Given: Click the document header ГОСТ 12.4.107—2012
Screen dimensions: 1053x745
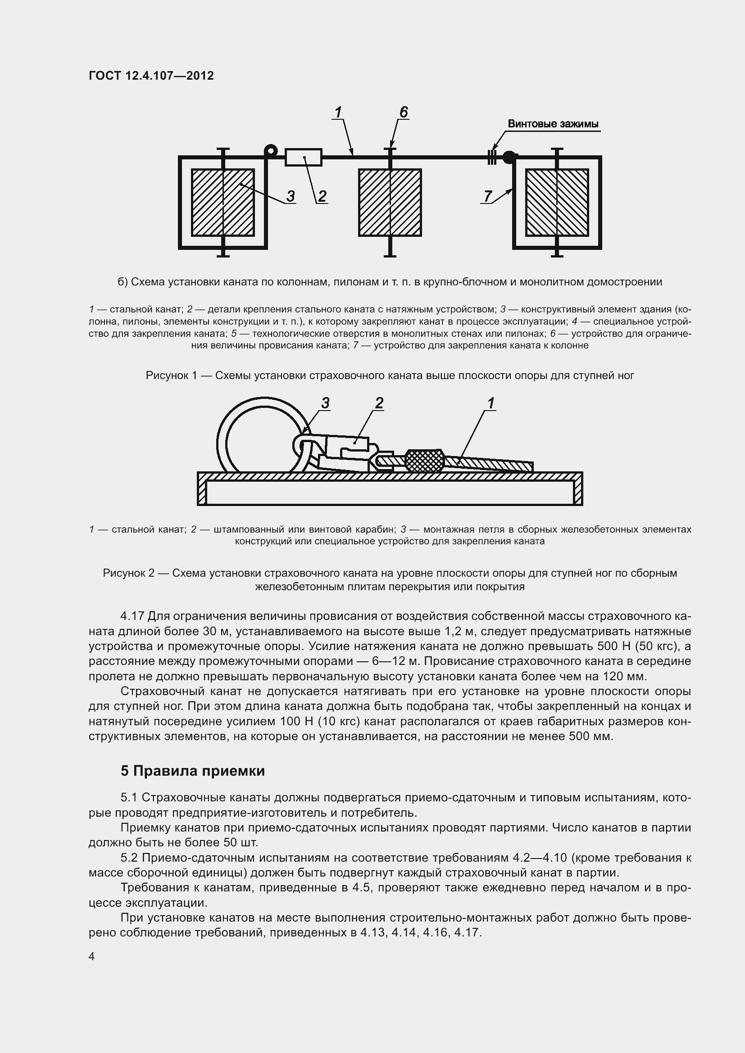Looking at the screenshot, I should coord(151,76).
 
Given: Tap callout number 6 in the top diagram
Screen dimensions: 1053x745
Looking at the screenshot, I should coord(403,112).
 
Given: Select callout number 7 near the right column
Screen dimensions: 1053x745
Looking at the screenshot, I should coord(488,196).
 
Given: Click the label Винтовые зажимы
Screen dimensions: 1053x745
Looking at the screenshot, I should coord(553,124).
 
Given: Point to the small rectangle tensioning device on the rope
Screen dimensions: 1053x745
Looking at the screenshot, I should coord(303,157).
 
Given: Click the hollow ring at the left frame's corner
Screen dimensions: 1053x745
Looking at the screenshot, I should coord(271,150).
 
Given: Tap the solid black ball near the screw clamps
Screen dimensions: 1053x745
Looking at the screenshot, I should coord(509,157).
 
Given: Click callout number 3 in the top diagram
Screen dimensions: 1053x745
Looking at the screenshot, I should coord(291,196).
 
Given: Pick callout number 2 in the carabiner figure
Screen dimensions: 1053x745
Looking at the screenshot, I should coord(379,403).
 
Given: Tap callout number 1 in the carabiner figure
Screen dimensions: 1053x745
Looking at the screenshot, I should coord(491,403).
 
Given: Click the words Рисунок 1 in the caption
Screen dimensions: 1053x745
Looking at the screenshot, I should coord(171,375).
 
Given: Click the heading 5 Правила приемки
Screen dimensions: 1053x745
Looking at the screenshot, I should coord(193,771).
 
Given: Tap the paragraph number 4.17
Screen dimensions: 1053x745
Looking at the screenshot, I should coord(132,616).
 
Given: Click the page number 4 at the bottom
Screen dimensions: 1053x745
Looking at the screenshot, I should coord(91,957).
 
